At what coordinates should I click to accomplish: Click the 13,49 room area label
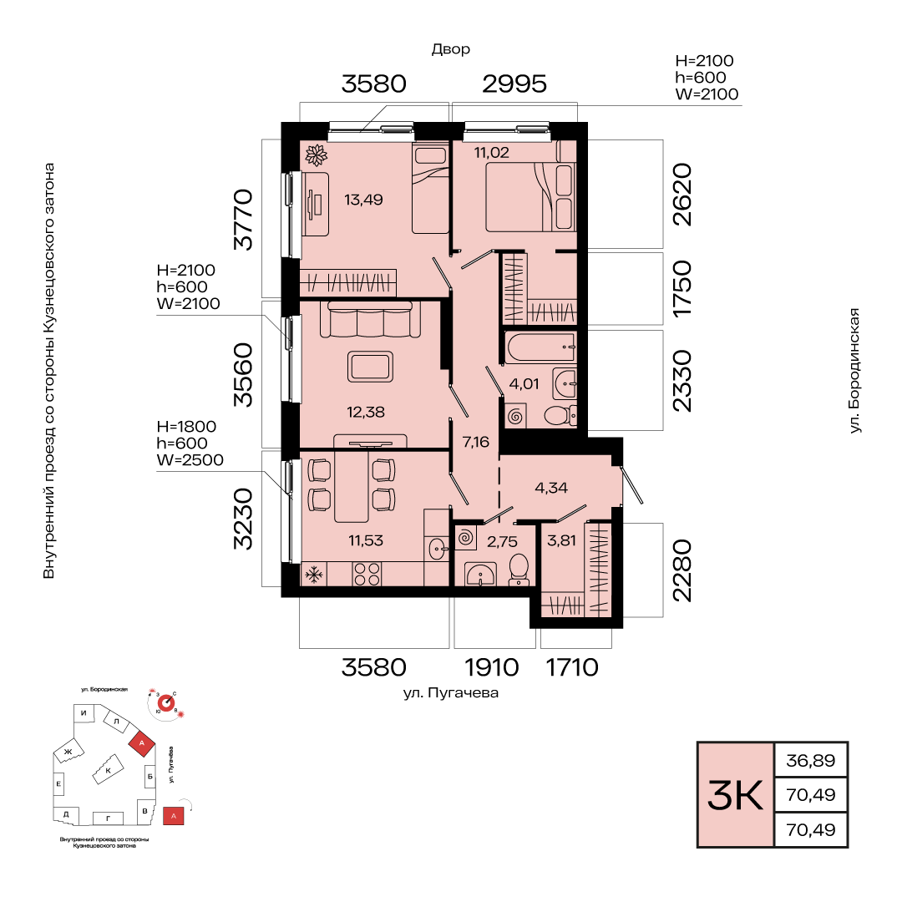click(x=363, y=200)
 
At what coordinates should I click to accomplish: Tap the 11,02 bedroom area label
click(x=491, y=153)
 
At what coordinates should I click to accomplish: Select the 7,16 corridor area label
click(x=476, y=442)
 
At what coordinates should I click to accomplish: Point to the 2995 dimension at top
click(x=514, y=84)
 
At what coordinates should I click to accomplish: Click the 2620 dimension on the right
click(x=682, y=195)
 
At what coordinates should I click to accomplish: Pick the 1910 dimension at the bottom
click(x=492, y=668)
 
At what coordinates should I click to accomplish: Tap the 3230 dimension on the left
click(x=243, y=519)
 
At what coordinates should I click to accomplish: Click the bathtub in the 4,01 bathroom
click(x=540, y=347)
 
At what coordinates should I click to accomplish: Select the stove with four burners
click(x=367, y=574)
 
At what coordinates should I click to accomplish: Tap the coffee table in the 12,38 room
click(x=371, y=367)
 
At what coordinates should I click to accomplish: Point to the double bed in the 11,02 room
click(x=530, y=197)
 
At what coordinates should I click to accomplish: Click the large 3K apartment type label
click(x=735, y=796)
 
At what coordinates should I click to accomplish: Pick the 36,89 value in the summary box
click(x=810, y=761)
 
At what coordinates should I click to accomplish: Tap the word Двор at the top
click(x=451, y=50)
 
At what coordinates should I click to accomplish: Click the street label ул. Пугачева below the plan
click(x=451, y=693)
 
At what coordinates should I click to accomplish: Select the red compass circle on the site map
click(x=166, y=703)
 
